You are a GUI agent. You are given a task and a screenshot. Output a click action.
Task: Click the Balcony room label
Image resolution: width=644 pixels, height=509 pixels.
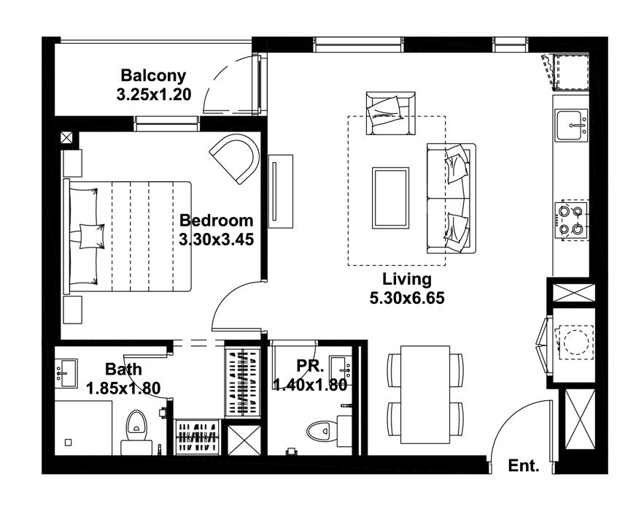153,76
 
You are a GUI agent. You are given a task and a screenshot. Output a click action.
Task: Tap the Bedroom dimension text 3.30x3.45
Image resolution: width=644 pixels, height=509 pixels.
216,240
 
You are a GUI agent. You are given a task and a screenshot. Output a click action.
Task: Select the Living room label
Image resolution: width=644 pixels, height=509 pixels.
407,279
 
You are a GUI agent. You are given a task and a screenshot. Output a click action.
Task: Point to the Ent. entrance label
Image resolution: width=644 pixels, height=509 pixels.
523,466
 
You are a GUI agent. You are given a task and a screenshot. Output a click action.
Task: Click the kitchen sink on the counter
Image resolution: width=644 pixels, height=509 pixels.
571,125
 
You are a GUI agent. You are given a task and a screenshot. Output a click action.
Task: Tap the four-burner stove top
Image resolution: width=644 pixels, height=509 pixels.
571,220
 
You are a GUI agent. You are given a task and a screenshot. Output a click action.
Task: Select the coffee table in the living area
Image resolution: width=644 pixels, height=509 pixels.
390,198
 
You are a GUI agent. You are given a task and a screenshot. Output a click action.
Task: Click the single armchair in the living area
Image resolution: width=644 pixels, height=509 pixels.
390,113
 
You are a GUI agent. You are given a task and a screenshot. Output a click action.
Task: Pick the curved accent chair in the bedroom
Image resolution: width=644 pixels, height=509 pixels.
236,158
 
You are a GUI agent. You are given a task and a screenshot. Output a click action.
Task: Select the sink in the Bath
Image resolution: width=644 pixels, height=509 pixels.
66,373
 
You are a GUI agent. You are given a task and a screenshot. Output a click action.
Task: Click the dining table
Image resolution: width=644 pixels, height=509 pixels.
425,394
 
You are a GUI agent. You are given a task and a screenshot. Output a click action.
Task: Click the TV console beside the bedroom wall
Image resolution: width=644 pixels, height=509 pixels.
281,191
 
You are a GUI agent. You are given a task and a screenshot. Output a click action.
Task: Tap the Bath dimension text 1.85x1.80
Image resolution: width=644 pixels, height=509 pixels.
123,388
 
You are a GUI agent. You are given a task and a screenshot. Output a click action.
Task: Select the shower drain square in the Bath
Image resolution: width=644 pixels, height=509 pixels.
69,443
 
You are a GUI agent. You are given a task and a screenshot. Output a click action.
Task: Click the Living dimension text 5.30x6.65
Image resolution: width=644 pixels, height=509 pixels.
407,298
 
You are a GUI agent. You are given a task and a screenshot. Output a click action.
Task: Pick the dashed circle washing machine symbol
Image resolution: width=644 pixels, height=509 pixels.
574,341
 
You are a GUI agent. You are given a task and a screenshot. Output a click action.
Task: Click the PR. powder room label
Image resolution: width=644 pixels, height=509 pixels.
311,366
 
